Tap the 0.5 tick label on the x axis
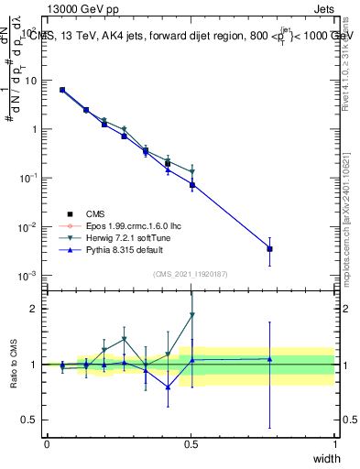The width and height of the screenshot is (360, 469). click(191, 444)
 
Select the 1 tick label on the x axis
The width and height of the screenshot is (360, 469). click(334, 444)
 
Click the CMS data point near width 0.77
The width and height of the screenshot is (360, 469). click(269, 248)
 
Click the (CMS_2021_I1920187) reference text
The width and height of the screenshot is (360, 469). click(190, 272)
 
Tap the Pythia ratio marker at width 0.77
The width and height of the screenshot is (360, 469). click(269, 359)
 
